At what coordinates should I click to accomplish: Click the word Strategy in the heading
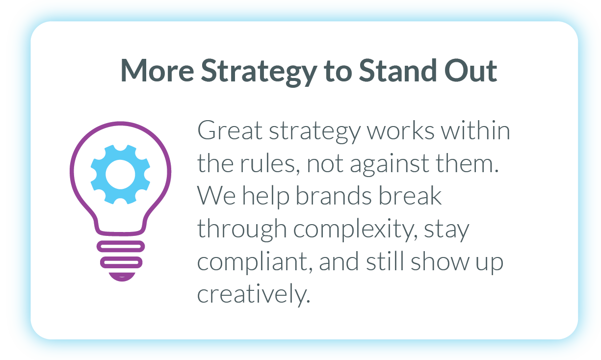click(x=259, y=72)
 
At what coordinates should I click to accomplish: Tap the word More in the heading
click(x=157, y=70)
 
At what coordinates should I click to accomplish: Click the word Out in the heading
click(x=470, y=70)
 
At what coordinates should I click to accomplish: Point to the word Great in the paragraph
click(x=230, y=130)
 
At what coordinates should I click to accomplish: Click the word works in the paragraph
click(x=400, y=130)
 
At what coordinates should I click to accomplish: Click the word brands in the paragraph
click(x=334, y=196)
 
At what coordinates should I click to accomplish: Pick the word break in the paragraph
click(x=410, y=196)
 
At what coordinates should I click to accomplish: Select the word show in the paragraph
click(x=440, y=261)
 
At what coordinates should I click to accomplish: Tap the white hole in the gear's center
click(x=121, y=175)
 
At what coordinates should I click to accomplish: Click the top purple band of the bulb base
click(x=121, y=247)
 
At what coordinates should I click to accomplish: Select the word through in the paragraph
click(x=242, y=230)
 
